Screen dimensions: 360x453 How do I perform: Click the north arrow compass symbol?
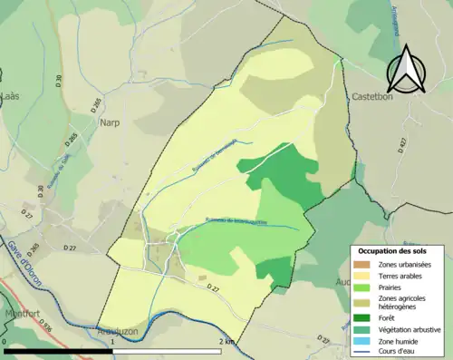click(405, 69)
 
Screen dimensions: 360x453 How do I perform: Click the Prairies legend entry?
click(394, 287)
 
